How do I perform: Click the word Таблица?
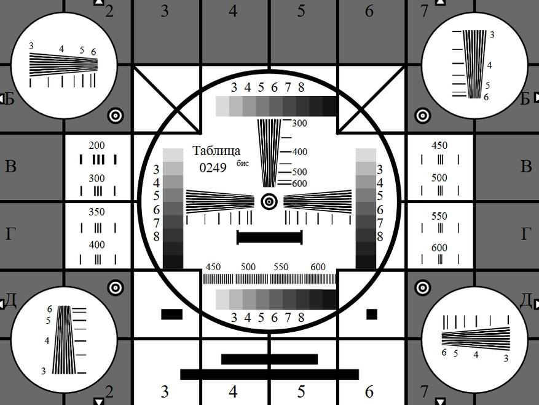pyautogui.click(x=216, y=151)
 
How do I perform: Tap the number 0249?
pyautogui.click(x=213, y=167)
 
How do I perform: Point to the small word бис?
pyautogui.click(x=243, y=163)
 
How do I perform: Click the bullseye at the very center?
pyautogui.click(x=269, y=201)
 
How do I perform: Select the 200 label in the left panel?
pyautogui.click(x=96, y=145)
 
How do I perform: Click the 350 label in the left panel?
pyautogui.click(x=96, y=212)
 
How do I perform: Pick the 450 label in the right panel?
pyautogui.click(x=439, y=145)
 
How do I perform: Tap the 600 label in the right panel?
pyautogui.click(x=439, y=247)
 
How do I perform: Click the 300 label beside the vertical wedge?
pyautogui.click(x=299, y=123)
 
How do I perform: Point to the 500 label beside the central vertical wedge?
pyautogui.click(x=299, y=172)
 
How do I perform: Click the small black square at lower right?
pyautogui.click(x=372, y=315)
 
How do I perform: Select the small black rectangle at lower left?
pyautogui.click(x=172, y=315)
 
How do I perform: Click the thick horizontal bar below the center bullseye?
pyautogui.click(x=269, y=238)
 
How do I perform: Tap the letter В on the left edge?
pyautogui.click(x=10, y=166)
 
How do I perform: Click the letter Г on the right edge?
pyautogui.click(x=526, y=234)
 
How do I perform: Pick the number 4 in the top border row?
pyautogui.click(x=233, y=11)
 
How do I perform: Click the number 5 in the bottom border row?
pyautogui.click(x=301, y=391)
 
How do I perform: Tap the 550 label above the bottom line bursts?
pyautogui.click(x=281, y=267)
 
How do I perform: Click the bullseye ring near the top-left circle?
pyautogui.click(x=116, y=115)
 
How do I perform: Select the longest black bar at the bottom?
pyautogui.click(x=269, y=374)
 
